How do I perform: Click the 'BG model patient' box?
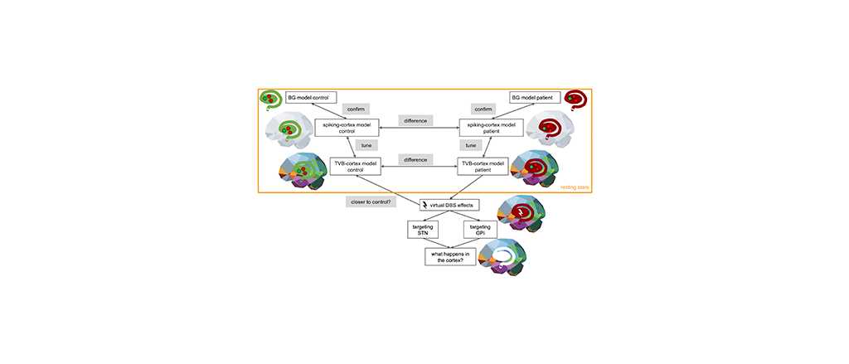531,96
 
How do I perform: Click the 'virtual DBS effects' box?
449,204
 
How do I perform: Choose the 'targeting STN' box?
424,230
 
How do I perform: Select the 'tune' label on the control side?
366,145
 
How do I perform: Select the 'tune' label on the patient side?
472,145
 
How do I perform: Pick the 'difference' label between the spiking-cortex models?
415,121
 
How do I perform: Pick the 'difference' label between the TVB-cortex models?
415,158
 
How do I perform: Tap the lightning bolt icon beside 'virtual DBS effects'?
424,205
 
